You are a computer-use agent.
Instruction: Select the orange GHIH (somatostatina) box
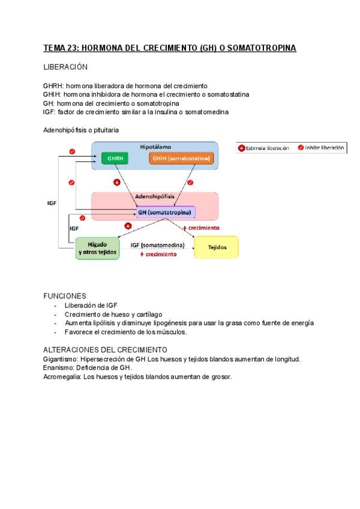(x=181, y=158)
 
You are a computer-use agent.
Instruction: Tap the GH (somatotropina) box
(x=166, y=212)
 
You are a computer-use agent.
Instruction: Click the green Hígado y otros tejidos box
(x=97, y=248)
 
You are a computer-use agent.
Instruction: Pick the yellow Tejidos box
(x=216, y=247)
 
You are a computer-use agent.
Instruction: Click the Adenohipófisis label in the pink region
(x=155, y=196)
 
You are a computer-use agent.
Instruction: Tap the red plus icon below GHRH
(x=116, y=182)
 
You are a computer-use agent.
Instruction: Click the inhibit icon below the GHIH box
(x=190, y=182)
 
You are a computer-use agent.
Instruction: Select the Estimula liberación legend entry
(x=264, y=148)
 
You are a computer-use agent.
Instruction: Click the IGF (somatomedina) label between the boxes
(x=157, y=244)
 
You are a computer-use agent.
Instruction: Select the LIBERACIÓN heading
(x=65, y=67)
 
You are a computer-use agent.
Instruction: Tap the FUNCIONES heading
(x=65, y=296)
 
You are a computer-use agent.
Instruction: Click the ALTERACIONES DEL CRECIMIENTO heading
(x=105, y=349)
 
